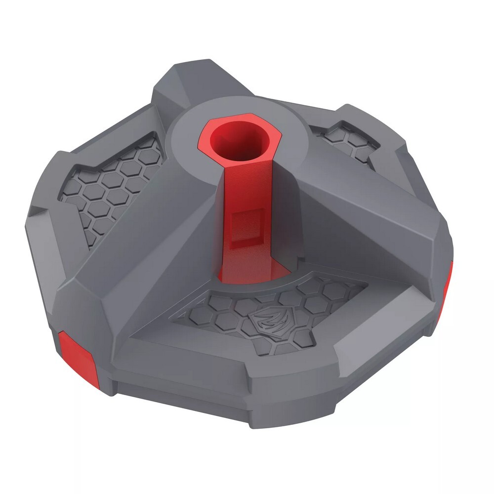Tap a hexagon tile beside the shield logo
coord(301,316)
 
